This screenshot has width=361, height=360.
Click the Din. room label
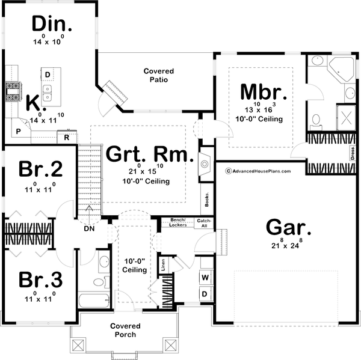tap(52, 25)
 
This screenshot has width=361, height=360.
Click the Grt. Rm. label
tap(149, 154)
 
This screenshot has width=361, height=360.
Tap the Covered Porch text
tap(122, 330)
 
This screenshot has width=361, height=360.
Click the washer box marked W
tap(205, 278)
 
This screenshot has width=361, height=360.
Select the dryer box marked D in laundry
tap(205, 294)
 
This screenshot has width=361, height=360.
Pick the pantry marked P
tap(18, 130)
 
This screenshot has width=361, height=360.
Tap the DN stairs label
tap(89, 228)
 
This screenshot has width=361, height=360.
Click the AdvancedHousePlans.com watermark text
tap(258, 171)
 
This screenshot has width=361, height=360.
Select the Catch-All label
tap(205, 222)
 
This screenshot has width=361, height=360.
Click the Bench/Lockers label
tap(177, 222)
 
